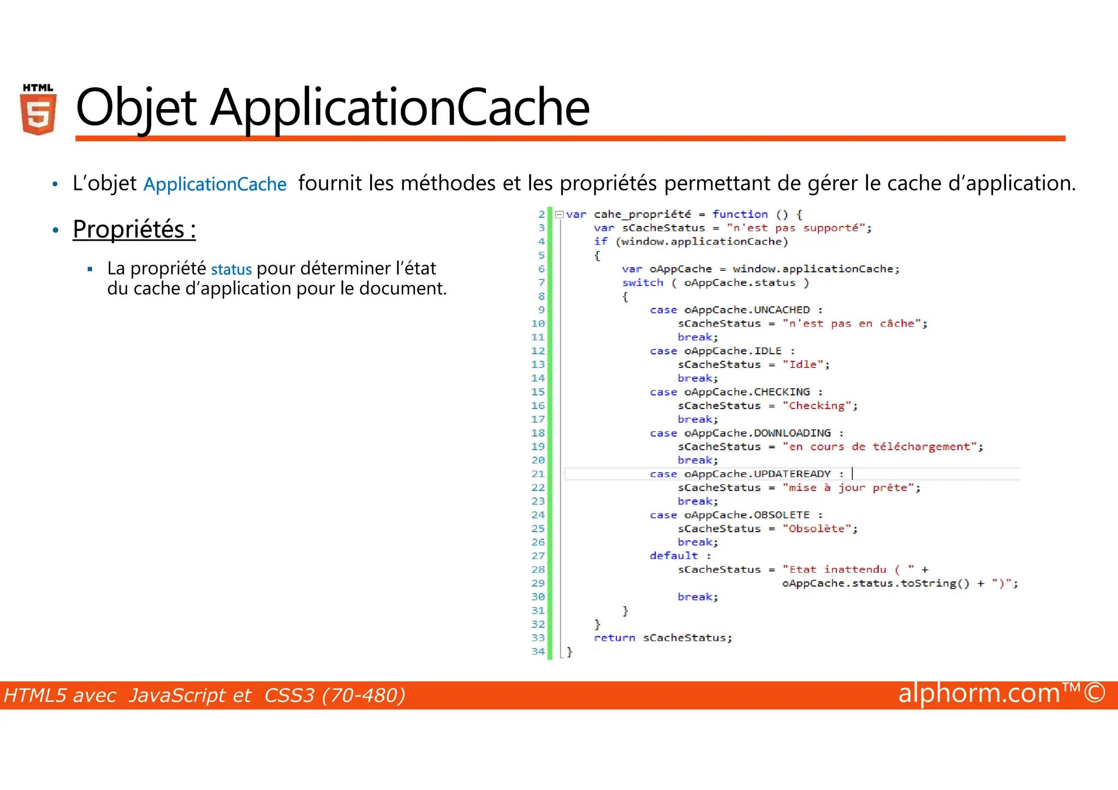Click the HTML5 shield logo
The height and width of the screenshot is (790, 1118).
click(x=38, y=110)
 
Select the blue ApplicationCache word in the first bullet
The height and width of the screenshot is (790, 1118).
click(x=215, y=185)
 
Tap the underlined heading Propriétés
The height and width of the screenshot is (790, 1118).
click(x=134, y=229)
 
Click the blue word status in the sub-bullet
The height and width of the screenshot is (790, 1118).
click(x=231, y=269)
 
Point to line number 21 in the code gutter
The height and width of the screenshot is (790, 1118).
click(x=538, y=474)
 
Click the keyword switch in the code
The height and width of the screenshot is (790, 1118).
click(x=643, y=283)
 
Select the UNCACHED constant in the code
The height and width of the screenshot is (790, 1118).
click(x=782, y=310)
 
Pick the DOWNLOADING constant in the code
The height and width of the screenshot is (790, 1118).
click(x=792, y=433)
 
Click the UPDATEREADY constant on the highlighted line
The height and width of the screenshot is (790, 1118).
click(x=792, y=474)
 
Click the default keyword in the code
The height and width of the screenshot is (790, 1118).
click(x=674, y=556)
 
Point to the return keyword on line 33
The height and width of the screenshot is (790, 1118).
click(x=614, y=638)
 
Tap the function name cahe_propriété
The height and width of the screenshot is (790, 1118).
click(x=642, y=215)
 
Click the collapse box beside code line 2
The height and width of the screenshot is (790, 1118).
click(x=559, y=215)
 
